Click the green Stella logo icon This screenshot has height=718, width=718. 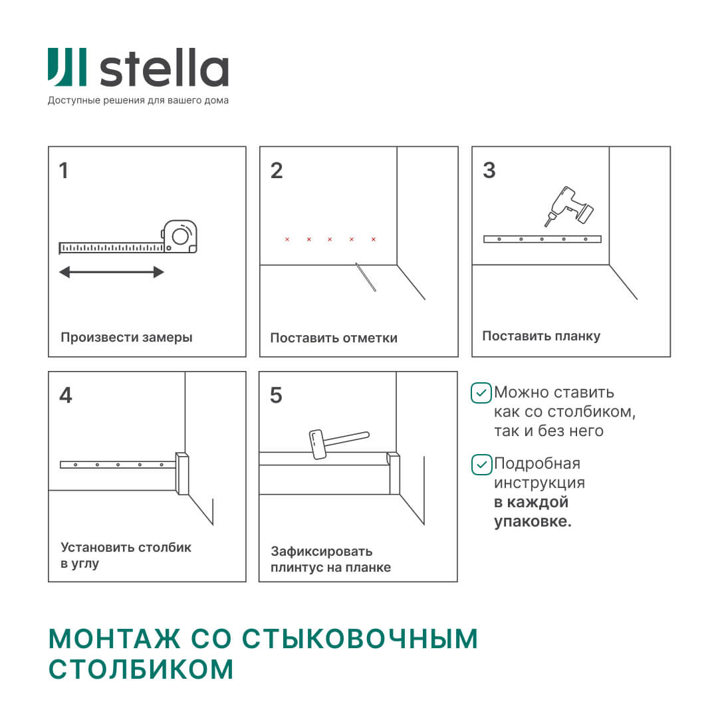coord(66,66)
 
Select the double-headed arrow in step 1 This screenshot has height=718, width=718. coord(111,272)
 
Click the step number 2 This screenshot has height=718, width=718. coord(277,171)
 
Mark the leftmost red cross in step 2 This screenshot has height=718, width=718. coord(287,239)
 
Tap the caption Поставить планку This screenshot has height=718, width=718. coord(541,336)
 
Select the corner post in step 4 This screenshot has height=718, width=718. coord(182,473)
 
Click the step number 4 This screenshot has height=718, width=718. coord(65,396)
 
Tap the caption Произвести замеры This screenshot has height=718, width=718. coord(126,337)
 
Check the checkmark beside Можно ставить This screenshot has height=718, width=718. coord(481,393)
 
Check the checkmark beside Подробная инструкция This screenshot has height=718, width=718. coord(481,464)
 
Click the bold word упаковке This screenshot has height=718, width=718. coord(533,521)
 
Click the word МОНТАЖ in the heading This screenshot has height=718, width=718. coord(114,639)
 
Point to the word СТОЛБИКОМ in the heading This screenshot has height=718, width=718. coord(142,669)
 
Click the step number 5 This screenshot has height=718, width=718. coord(276,396)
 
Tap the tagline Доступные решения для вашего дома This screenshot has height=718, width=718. coord(138,101)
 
